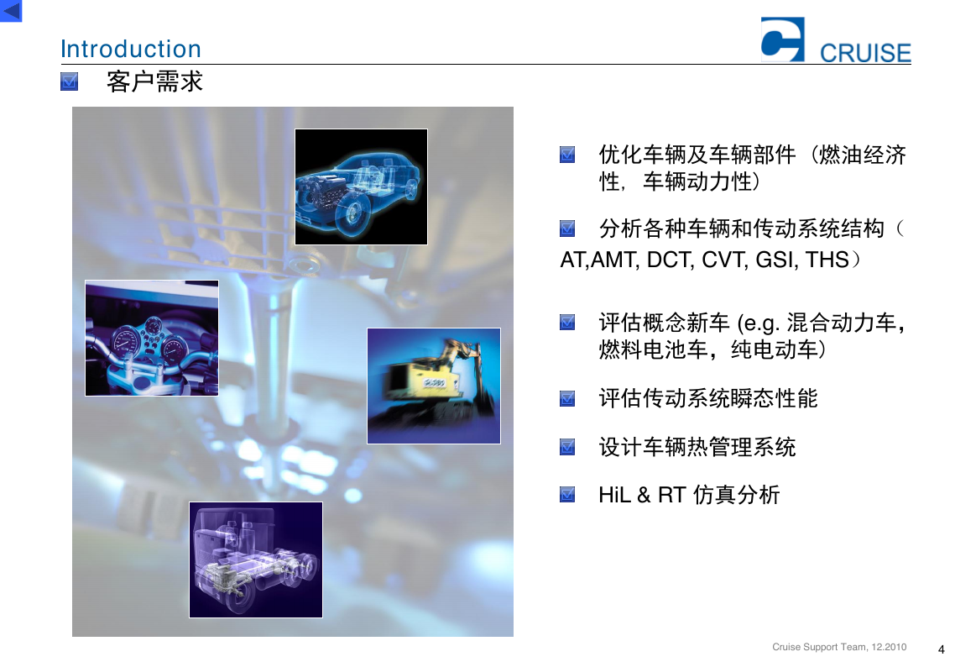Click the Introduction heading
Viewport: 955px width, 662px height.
tap(131, 49)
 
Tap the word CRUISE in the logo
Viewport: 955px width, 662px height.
tap(865, 53)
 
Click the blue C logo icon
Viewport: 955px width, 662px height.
tap(783, 39)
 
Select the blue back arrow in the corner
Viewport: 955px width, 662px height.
tap(11, 11)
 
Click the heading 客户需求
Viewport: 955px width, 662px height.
tap(154, 81)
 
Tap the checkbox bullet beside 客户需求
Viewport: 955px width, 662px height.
tap(70, 81)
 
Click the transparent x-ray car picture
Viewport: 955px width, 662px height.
tap(361, 187)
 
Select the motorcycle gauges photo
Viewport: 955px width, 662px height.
tap(152, 338)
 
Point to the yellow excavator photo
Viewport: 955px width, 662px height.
tap(434, 386)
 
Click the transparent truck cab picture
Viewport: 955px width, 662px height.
tap(256, 560)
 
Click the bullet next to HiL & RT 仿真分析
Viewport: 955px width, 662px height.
tap(567, 494)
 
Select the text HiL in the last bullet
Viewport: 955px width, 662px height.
tap(614, 495)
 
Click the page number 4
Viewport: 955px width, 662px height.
tap(941, 649)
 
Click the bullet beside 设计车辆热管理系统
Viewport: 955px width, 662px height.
tap(567, 447)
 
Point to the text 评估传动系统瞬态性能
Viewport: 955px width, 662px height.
tap(707, 398)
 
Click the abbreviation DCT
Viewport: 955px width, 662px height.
tap(670, 260)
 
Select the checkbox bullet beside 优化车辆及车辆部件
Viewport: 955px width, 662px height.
tap(567, 155)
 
